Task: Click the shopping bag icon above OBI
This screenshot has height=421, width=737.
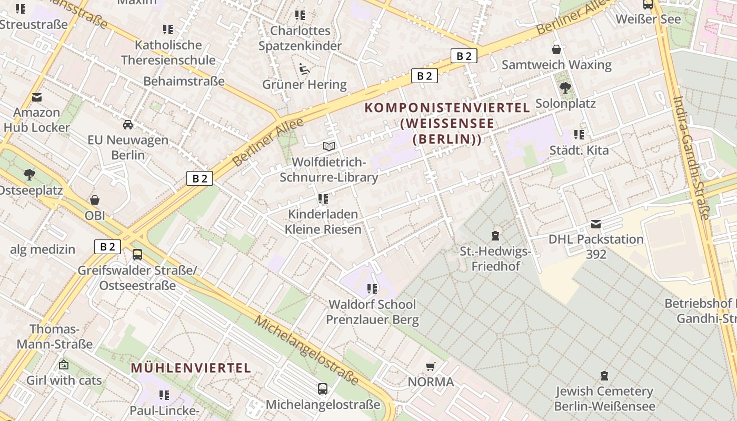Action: click(x=95, y=200)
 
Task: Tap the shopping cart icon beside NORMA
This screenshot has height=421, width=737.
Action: click(x=431, y=366)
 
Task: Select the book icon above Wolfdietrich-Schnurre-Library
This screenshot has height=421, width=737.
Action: click(x=329, y=146)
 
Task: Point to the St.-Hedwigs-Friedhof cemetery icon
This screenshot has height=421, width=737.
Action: click(x=495, y=235)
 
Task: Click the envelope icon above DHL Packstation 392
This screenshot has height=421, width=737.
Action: click(x=595, y=224)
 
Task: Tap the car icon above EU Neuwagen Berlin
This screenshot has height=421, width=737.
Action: click(x=128, y=125)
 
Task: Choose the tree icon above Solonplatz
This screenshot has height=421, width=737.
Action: click(x=565, y=88)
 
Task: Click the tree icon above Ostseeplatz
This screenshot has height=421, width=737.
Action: click(x=29, y=174)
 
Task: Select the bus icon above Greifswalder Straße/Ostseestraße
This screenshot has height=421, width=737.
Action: click(x=137, y=255)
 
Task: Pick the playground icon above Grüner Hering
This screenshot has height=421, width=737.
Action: click(x=304, y=69)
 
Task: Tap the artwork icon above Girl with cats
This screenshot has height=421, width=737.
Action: click(x=64, y=364)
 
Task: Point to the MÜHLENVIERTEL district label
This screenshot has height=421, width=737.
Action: click(x=191, y=368)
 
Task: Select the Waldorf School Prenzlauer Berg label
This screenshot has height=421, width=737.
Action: click(x=372, y=312)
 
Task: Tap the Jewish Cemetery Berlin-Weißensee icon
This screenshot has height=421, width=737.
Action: click(x=604, y=376)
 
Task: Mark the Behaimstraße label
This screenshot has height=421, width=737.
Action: click(x=184, y=81)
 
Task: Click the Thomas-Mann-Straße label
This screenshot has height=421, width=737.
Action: click(x=55, y=337)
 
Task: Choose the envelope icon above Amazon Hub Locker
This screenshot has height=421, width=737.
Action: click(x=37, y=97)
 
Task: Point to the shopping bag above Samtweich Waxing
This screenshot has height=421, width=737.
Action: click(x=556, y=49)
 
